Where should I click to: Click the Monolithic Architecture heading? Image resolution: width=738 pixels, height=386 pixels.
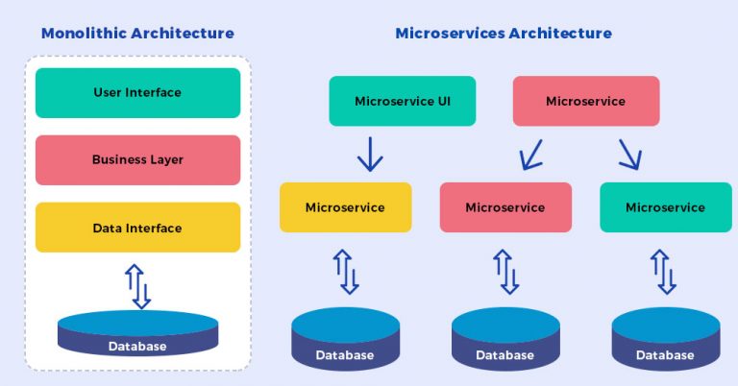point(137,34)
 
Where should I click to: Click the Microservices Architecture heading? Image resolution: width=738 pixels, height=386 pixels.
point(503,34)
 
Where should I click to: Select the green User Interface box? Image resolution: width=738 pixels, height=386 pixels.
point(137,93)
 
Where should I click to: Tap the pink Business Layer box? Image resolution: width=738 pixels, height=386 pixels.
point(137,160)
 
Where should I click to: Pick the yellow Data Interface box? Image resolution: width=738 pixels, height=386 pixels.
point(137,228)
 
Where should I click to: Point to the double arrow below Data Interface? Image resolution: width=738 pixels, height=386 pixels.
point(138,286)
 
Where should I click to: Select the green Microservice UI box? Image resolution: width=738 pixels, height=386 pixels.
point(402,101)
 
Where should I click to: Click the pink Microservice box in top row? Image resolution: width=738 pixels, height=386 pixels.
point(585,101)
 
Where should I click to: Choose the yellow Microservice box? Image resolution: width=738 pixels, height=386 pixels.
point(345,207)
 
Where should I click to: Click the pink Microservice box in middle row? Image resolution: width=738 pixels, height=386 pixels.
point(504,207)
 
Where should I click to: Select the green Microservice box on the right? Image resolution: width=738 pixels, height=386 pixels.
point(665,207)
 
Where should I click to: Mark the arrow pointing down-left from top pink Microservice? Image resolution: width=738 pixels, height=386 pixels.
point(529,154)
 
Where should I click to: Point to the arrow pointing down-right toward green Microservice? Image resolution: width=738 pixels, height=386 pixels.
point(629,154)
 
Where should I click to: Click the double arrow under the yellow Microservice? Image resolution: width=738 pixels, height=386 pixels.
point(345,271)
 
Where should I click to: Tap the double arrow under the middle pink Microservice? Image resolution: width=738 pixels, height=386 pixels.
point(505,271)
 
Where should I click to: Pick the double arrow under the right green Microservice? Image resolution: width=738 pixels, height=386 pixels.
point(665,271)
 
